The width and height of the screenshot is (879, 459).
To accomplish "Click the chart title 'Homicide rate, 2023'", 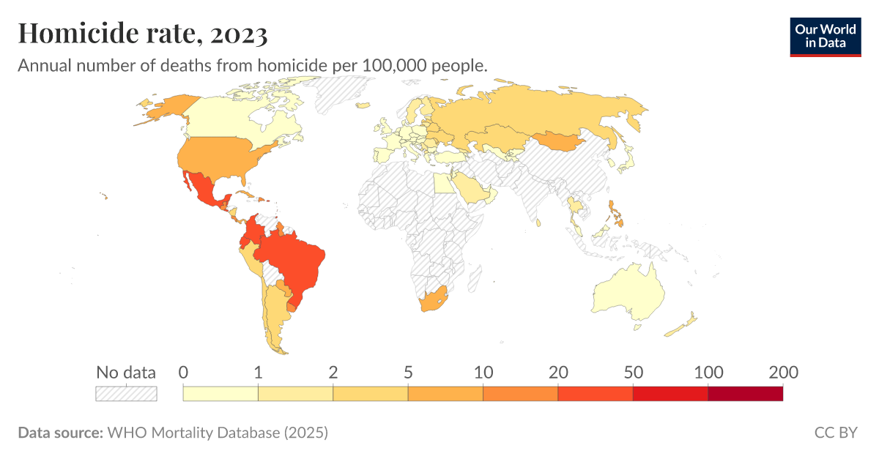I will (143, 33).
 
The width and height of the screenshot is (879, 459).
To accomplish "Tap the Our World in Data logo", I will (825, 37).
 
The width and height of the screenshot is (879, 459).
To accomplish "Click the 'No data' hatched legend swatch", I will (126, 393).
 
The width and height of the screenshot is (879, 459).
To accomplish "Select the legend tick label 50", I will (633, 372).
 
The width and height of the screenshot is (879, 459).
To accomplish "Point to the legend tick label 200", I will (782, 372).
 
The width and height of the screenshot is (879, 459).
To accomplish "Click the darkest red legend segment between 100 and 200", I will (745, 393).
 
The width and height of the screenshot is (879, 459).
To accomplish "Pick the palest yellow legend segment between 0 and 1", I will (220, 393).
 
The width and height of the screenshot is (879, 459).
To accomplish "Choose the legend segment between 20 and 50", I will (595, 393).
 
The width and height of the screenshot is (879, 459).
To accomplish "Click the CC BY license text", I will (835, 433).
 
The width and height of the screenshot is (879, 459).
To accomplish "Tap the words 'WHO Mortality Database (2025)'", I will (218, 433).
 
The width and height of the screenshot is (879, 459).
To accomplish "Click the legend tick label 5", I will (408, 372).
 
